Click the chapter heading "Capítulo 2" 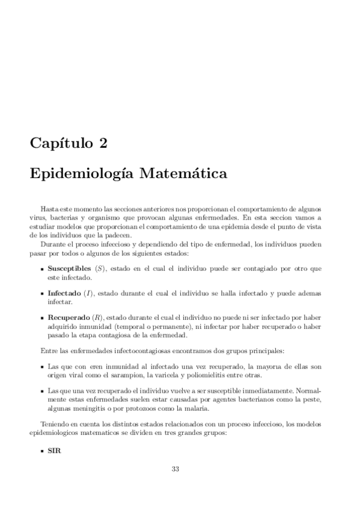[x=69, y=143]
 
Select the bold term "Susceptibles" [x=69, y=267]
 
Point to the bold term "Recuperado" [x=68, y=316]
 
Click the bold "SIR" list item [x=55, y=450]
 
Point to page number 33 [x=175, y=470]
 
